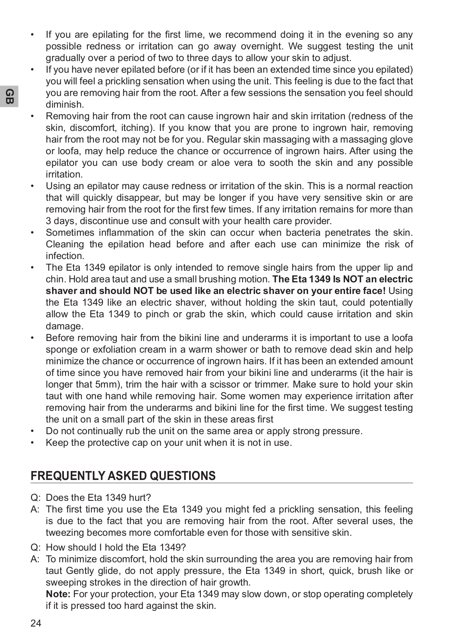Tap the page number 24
tap(36, 623)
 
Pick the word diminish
tap(64, 104)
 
